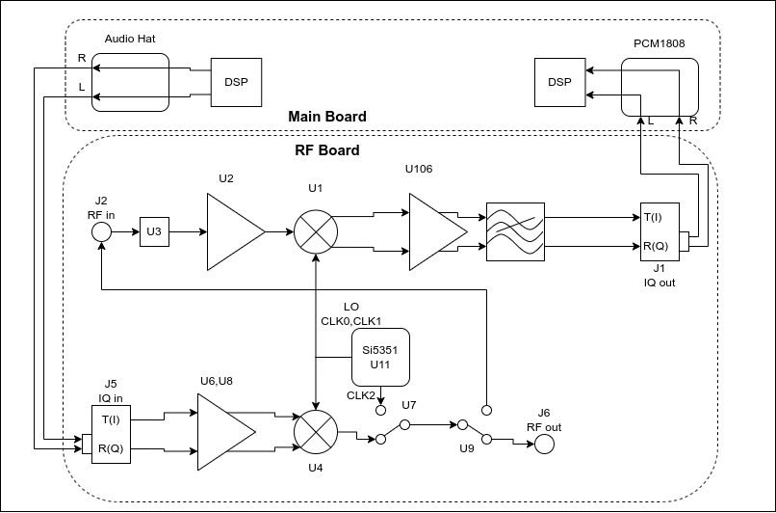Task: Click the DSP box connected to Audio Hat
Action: [236, 82]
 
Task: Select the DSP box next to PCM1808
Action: [559, 82]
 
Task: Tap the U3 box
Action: [154, 231]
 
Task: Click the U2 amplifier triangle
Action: [231, 231]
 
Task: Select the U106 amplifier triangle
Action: [433, 231]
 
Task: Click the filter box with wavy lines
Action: [515, 231]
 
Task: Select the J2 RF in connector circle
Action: [101, 232]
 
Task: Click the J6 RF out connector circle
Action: [544, 444]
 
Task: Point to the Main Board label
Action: [327, 117]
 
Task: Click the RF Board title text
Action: [326, 150]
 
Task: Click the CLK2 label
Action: [361, 394]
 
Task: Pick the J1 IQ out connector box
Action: [660, 231]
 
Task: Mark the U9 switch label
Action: [467, 448]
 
